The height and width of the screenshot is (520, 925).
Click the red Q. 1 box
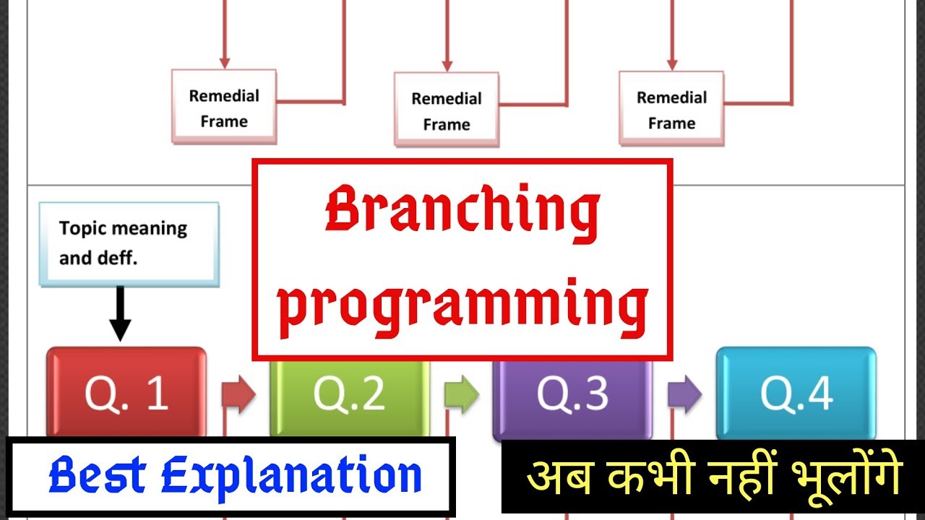point(126,394)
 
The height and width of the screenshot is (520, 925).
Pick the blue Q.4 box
point(796,394)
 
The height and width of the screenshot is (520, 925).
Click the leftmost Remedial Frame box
point(224,108)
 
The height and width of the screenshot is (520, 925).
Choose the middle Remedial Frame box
point(447,110)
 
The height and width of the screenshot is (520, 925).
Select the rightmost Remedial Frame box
point(671,109)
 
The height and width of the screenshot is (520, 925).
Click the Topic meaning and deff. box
point(129,243)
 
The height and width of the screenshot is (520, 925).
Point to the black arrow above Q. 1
point(120,313)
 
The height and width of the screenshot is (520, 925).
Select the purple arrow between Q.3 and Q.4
point(684,394)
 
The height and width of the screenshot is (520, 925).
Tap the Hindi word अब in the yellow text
point(551,477)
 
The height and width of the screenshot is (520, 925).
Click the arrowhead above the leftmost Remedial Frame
point(224,63)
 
